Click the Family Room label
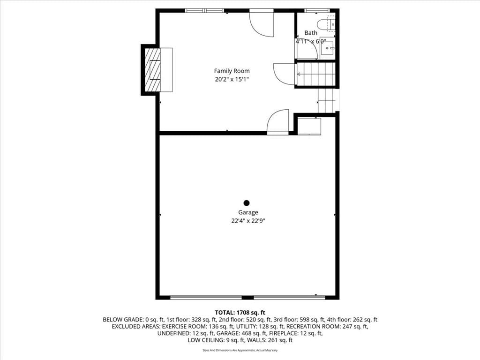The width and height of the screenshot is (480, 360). tap(232, 71)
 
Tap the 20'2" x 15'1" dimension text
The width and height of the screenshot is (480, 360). tap(232, 80)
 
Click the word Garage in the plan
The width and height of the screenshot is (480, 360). tap(248, 212)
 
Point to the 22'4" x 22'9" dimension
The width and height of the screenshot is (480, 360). tap(248, 221)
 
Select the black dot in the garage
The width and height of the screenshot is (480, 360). tap(247, 202)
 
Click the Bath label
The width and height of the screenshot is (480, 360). tap(311, 33)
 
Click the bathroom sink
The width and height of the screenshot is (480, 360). tap(328, 48)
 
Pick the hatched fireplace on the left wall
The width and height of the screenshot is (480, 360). tap(152, 69)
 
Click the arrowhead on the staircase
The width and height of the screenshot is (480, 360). tap(299, 74)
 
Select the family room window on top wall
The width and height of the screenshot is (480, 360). tap(205, 11)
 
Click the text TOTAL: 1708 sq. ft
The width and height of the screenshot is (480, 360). tap(240, 313)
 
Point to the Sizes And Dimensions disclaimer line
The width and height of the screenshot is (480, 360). tap(240, 350)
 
